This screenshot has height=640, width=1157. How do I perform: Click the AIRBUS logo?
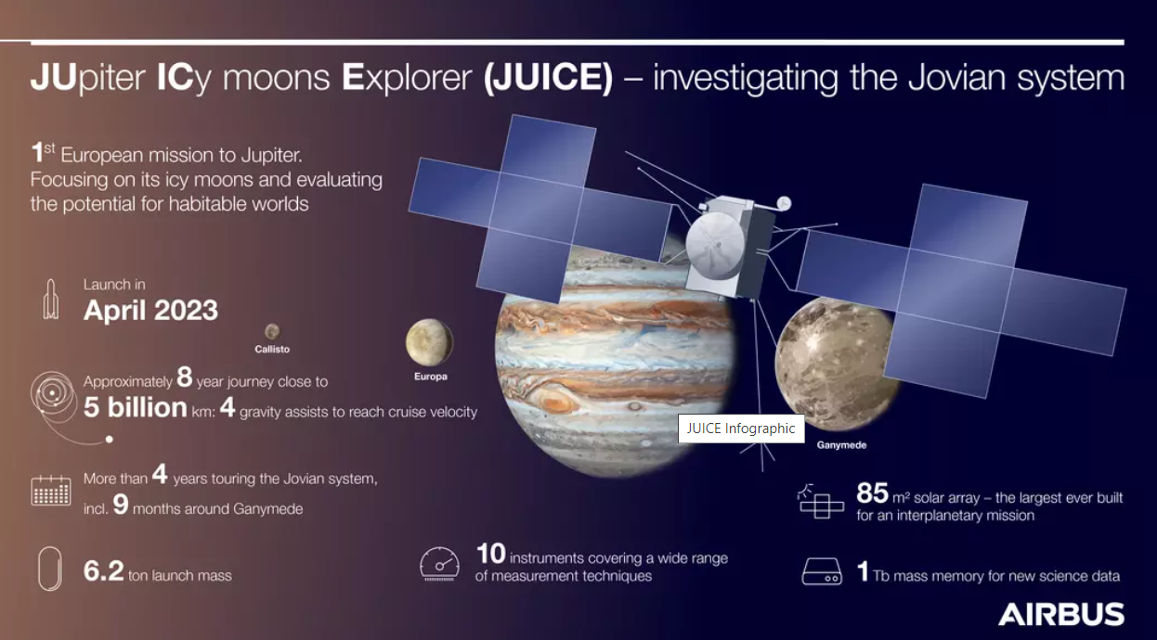pos(1061,614)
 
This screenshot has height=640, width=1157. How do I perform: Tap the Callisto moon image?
pos(272,331)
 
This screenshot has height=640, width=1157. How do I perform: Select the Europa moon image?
pos(429,342)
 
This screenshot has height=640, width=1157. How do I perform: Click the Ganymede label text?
pos(841,445)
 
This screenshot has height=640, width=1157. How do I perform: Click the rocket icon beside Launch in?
pos(51,299)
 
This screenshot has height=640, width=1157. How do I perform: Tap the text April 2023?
pos(150,310)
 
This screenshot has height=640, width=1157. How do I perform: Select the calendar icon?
pos(51,491)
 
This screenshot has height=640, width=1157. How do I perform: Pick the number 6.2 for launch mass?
pos(103,570)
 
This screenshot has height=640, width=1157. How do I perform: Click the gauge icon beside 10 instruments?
pos(439,564)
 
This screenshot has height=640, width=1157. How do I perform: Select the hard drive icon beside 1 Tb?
pos(822,571)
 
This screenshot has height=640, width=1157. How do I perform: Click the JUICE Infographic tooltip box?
pos(741,429)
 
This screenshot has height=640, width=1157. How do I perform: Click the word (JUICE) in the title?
pos(548,77)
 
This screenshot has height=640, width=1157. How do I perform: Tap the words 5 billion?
pos(136,407)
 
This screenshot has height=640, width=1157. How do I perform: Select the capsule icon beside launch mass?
pos(50,569)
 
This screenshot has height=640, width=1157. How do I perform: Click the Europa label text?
pos(431,377)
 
